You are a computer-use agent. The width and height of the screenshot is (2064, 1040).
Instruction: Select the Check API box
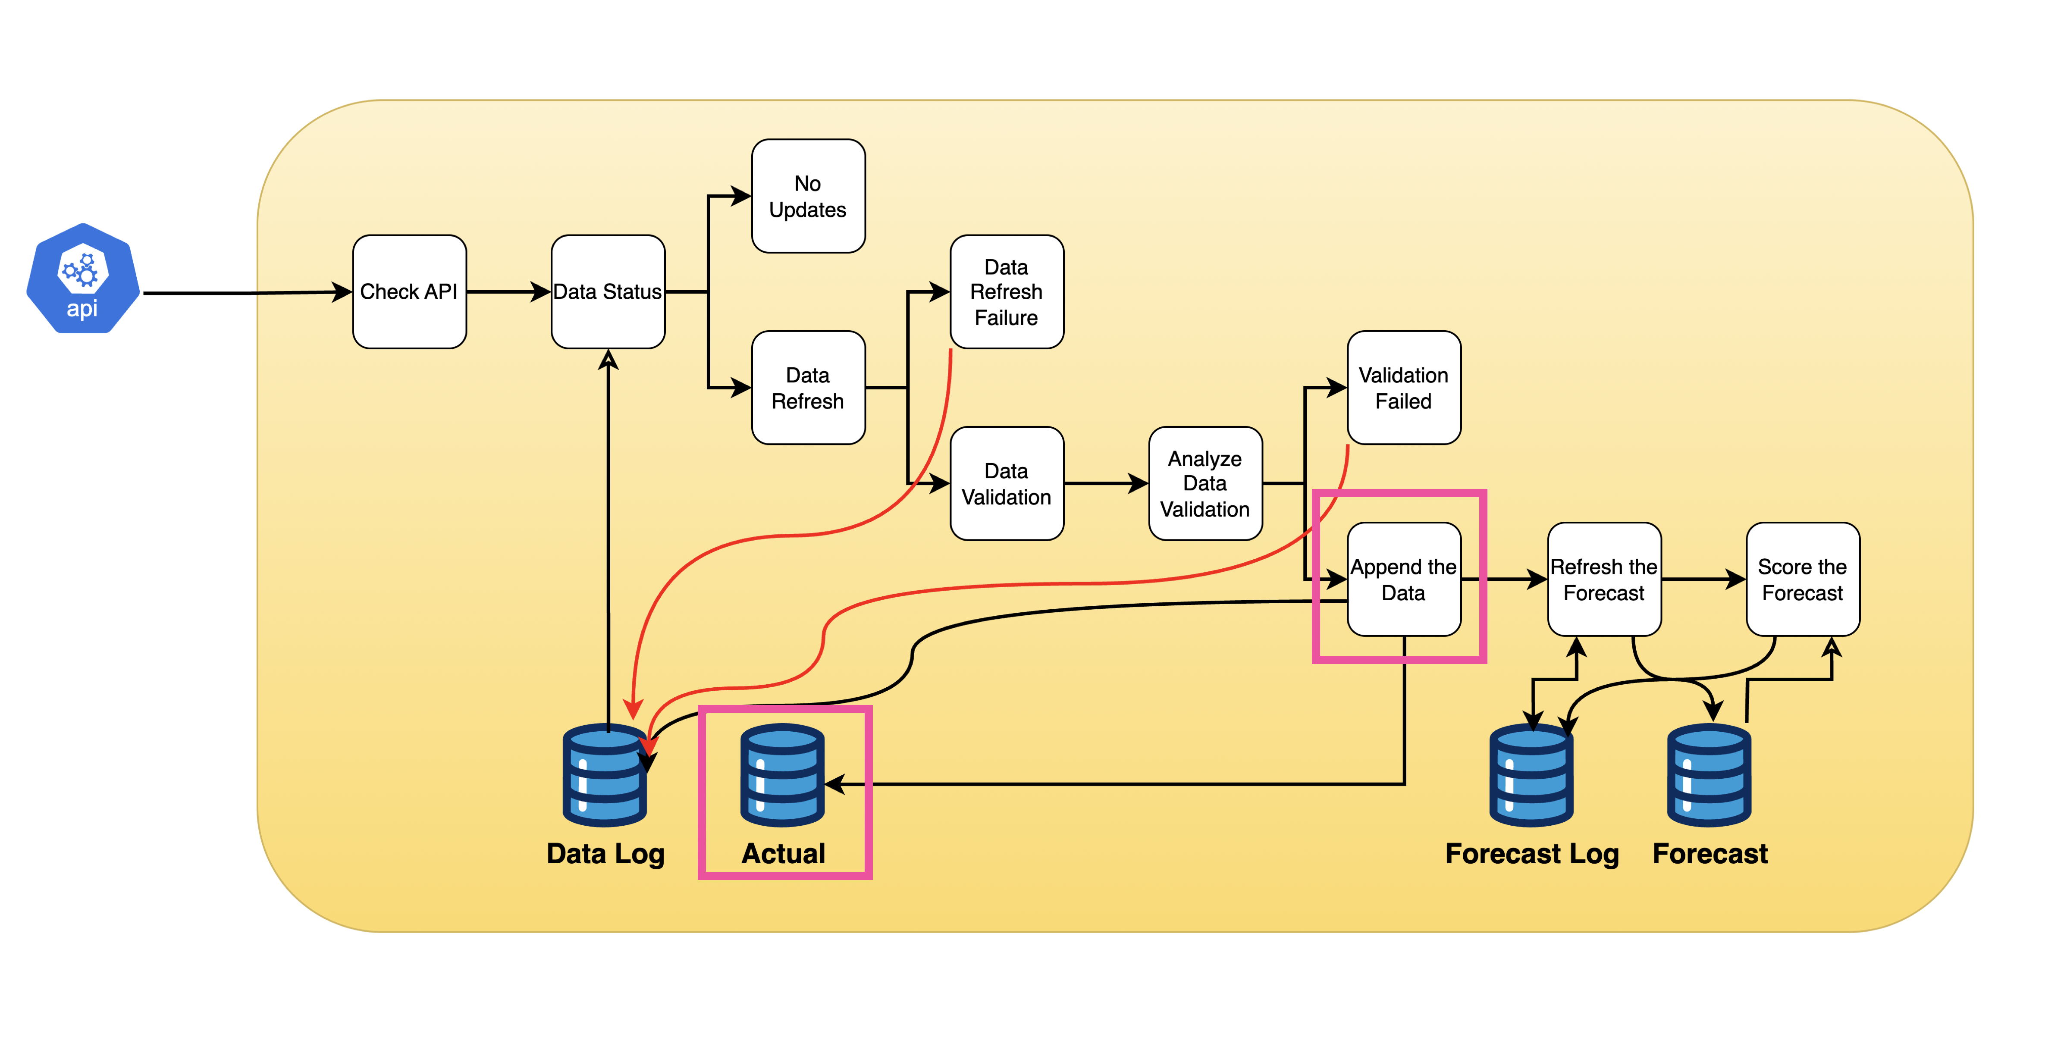(x=409, y=291)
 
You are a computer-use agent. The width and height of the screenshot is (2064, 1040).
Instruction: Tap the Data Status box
(x=607, y=291)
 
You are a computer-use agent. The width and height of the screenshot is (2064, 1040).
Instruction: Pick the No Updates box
(x=808, y=196)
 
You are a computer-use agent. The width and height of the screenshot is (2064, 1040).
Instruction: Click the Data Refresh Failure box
(x=1007, y=291)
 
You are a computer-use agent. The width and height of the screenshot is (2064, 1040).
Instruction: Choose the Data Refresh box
(x=808, y=388)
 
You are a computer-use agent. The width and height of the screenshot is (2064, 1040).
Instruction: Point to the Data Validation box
(x=1007, y=483)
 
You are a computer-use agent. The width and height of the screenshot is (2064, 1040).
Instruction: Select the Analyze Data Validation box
(x=1205, y=483)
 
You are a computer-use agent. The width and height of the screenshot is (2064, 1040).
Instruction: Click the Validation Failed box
(x=1404, y=388)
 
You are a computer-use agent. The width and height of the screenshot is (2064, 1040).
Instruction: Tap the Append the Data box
(x=1404, y=580)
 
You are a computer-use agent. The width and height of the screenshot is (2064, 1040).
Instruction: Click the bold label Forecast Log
(x=1531, y=853)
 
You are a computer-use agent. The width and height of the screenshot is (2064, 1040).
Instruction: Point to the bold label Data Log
(x=605, y=853)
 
